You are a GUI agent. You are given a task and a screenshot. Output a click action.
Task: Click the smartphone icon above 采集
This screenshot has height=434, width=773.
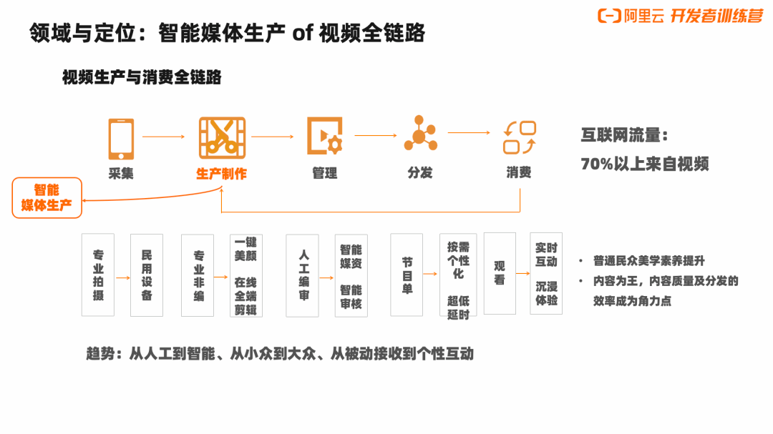pyautogui.click(x=120, y=138)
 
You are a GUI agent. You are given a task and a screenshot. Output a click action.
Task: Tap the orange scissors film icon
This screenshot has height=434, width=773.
pyautogui.click(x=222, y=137)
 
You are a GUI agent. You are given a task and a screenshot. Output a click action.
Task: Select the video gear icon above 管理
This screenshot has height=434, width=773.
pyautogui.click(x=325, y=136)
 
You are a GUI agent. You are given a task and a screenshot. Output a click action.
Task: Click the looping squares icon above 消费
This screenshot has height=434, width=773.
pyautogui.click(x=519, y=137)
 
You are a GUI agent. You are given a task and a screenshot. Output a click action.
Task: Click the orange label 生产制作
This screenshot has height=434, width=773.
pyautogui.click(x=222, y=174)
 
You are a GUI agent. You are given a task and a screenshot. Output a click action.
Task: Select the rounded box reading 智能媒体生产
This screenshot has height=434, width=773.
pyautogui.click(x=47, y=197)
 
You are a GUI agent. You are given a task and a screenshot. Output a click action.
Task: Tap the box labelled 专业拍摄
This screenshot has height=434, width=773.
pyautogui.click(x=98, y=275)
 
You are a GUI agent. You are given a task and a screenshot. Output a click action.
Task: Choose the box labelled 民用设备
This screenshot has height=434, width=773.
pyautogui.click(x=146, y=275)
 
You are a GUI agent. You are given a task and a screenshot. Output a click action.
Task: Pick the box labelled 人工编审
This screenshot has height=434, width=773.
pyautogui.click(x=302, y=275)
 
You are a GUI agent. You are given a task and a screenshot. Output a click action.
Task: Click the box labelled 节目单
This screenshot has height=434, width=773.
pyautogui.click(x=406, y=275)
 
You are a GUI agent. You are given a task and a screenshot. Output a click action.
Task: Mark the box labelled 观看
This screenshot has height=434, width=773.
pyautogui.click(x=499, y=273)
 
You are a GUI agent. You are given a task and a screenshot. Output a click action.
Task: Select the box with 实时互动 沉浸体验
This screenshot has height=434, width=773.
pyautogui.click(x=546, y=273)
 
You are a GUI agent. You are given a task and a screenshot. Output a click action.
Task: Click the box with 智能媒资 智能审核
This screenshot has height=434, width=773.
pyautogui.click(x=351, y=275)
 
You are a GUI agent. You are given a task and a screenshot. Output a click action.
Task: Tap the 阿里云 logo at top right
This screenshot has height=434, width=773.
pyautogui.click(x=621, y=16)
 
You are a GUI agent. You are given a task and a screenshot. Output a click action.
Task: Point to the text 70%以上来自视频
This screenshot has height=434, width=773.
pyautogui.click(x=644, y=164)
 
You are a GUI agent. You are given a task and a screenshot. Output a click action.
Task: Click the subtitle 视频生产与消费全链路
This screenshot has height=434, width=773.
pyautogui.click(x=142, y=77)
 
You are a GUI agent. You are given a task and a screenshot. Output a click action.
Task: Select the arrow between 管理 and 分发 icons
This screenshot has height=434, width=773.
pyautogui.click(x=375, y=135)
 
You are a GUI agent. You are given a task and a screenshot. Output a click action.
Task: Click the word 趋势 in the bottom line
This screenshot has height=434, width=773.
pyautogui.click(x=100, y=353)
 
